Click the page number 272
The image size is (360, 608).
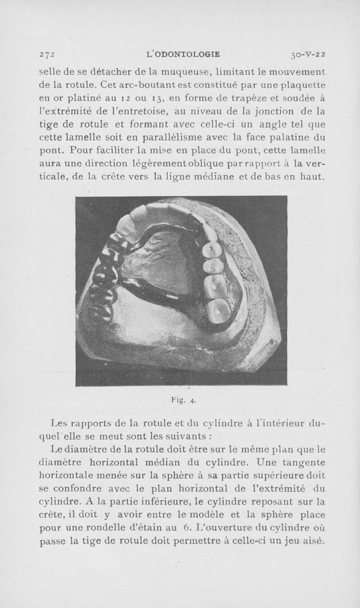pos(46,55)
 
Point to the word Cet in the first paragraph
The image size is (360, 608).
pos(109,84)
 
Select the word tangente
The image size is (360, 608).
pos(302,463)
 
